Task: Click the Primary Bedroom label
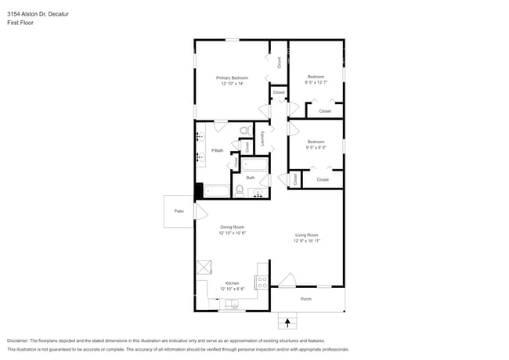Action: tap(233, 77)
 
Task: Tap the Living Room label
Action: tap(306, 235)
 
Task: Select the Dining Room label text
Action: tap(232, 227)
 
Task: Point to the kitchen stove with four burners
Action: tap(262, 283)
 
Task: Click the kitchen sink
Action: tap(231, 304)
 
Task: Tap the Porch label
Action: tap(306, 299)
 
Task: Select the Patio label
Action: tap(179, 211)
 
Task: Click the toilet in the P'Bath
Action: tap(244, 131)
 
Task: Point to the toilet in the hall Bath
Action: tap(240, 189)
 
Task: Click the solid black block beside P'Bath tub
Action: tap(199, 190)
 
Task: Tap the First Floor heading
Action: tap(20, 23)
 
